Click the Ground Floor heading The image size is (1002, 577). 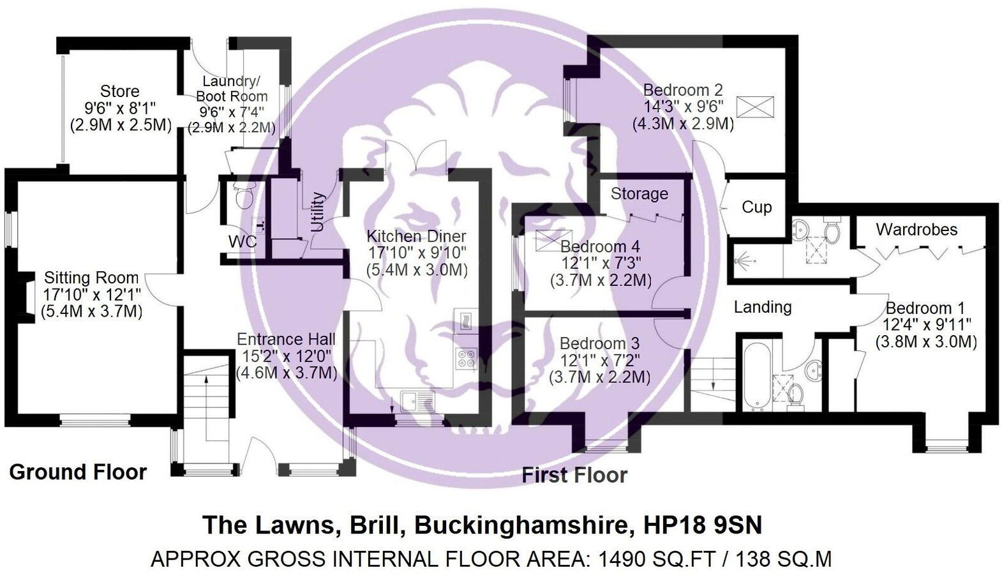[x=78, y=472]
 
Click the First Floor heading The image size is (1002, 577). [x=574, y=476]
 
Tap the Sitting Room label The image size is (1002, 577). [x=91, y=278]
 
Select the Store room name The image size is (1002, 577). [x=119, y=91]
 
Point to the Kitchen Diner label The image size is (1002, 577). [x=416, y=236]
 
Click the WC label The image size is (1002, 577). [x=243, y=241]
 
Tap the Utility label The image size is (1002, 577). [x=317, y=211]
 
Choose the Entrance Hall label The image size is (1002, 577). [x=286, y=339]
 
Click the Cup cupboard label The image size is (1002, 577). [x=756, y=207]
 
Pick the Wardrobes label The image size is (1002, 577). [x=916, y=229]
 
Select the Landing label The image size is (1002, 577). [x=763, y=307]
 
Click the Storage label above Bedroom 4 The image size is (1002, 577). [x=639, y=193]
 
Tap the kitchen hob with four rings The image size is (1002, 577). [x=465, y=358]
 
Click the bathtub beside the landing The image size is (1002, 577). [x=758, y=375]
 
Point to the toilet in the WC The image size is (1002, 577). [x=244, y=198]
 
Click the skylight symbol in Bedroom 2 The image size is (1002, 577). [x=756, y=107]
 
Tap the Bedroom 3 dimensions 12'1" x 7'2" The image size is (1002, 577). [x=599, y=361]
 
